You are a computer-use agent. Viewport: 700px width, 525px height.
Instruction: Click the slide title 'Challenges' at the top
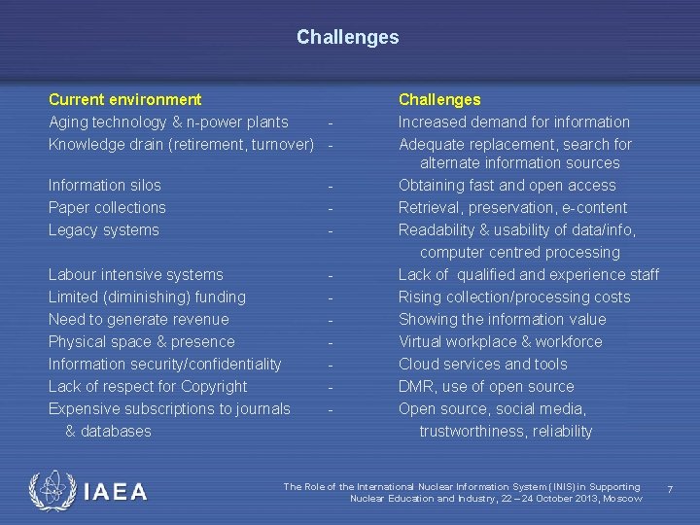(x=348, y=37)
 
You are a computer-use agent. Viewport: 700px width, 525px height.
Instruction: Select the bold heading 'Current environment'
(x=125, y=99)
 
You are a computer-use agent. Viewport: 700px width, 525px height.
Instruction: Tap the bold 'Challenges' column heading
(x=439, y=99)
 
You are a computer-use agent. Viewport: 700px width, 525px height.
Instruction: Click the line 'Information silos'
(x=105, y=185)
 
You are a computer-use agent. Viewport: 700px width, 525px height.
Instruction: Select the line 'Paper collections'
(x=107, y=207)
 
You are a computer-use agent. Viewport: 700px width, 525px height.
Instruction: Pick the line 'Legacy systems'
(x=103, y=229)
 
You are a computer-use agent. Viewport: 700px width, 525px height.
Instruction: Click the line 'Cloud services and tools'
(x=482, y=364)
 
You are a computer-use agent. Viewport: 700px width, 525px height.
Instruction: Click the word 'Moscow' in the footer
(x=622, y=499)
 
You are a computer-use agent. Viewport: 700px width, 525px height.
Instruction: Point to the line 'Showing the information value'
(x=502, y=319)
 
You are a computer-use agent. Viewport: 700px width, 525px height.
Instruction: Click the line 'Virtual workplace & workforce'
(x=500, y=341)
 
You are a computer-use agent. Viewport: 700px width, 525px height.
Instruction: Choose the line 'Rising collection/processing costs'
(x=514, y=297)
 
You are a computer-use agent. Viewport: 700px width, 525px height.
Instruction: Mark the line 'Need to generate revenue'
(x=139, y=319)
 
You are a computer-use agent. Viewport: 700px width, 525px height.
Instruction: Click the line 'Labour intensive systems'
(x=136, y=274)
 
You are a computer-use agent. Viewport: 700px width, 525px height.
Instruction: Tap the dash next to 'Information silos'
(x=332, y=185)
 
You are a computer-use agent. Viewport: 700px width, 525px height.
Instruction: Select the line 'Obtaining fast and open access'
(x=507, y=185)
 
